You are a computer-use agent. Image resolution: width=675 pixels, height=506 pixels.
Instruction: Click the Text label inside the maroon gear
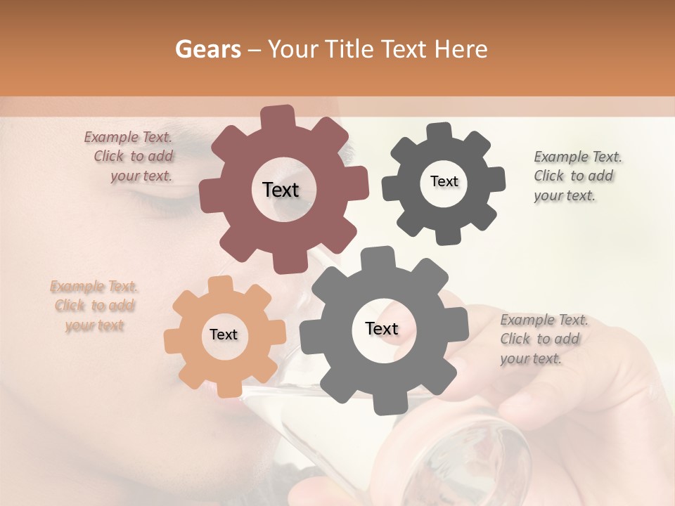(281, 190)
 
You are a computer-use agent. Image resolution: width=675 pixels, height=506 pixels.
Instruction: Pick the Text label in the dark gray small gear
(444, 181)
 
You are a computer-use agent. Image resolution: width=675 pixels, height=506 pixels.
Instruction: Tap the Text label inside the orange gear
(224, 335)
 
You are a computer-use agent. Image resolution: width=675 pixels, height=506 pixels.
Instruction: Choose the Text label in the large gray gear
(382, 328)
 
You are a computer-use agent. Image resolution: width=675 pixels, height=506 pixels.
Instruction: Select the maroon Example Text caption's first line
(128, 138)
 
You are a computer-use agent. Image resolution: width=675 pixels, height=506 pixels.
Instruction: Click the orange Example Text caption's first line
(94, 287)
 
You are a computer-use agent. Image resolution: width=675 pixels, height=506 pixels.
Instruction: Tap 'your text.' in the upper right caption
(565, 196)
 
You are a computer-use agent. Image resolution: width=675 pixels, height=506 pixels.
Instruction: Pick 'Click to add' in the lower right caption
(540, 339)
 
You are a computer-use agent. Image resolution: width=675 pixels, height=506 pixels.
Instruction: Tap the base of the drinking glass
(485, 457)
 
